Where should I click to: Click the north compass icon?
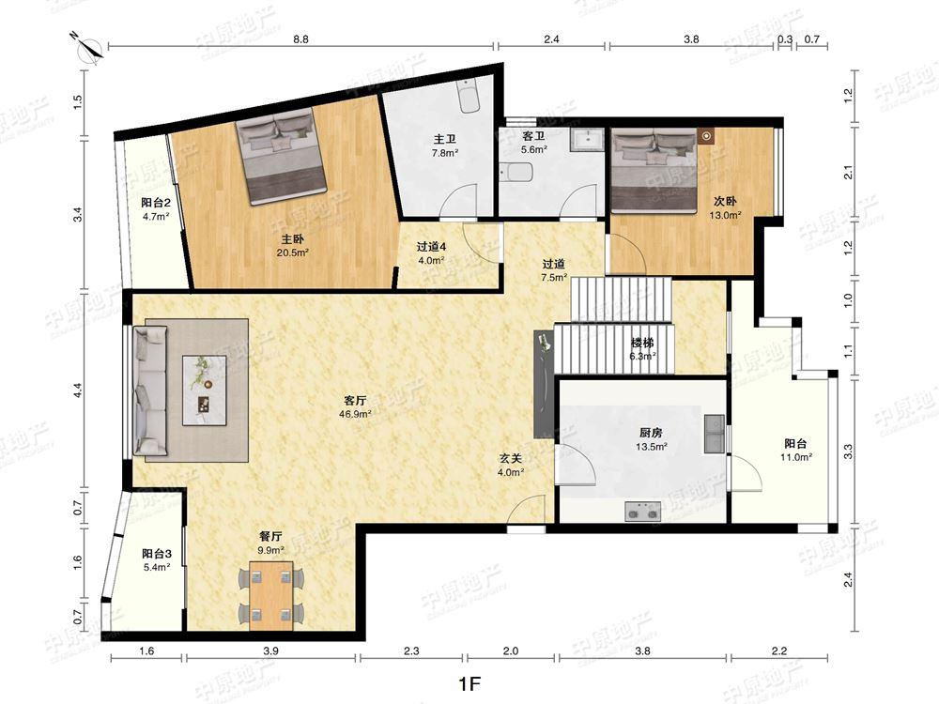tap(88, 46)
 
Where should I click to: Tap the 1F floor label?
tap(469, 683)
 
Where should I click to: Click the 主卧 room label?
tap(293, 239)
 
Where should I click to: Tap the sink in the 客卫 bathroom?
tap(587, 140)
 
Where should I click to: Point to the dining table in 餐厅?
tap(271, 595)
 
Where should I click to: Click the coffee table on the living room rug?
tap(204, 390)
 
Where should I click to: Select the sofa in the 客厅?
tap(149, 390)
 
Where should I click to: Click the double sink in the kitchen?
tap(714, 434)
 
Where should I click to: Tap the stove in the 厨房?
tap(642, 512)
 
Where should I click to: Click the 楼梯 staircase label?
tap(642, 343)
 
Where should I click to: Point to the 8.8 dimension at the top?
tap(301, 39)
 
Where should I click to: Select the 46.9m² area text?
tap(356, 414)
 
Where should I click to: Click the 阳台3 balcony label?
tap(157, 554)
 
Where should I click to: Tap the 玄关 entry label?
tap(511, 459)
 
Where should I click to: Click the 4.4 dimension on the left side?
tap(77, 390)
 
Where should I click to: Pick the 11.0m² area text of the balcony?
tap(796, 457)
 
